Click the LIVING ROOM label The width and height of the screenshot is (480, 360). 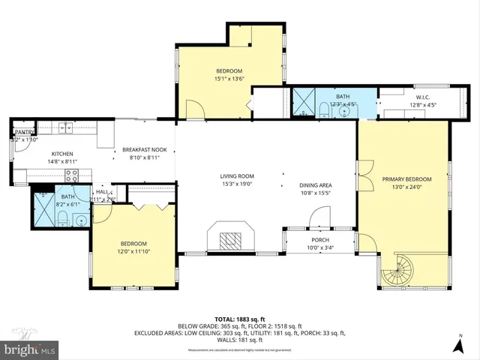click(x=238, y=175)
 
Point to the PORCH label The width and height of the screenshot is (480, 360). click(x=320, y=240)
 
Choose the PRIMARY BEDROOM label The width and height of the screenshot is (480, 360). click(x=406, y=179)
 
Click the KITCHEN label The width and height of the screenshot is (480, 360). click(x=62, y=154)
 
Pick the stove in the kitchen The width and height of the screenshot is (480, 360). click(x=73, y=176)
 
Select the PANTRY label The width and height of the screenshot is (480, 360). click(x=25, y=132)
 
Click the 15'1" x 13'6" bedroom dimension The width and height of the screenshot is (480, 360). click(x=229, y=78)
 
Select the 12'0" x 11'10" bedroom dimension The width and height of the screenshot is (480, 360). click(x=133, y=251)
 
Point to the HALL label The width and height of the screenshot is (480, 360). click(x=101, y=192)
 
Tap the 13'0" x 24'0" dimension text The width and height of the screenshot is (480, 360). click(x=406, y=187)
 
